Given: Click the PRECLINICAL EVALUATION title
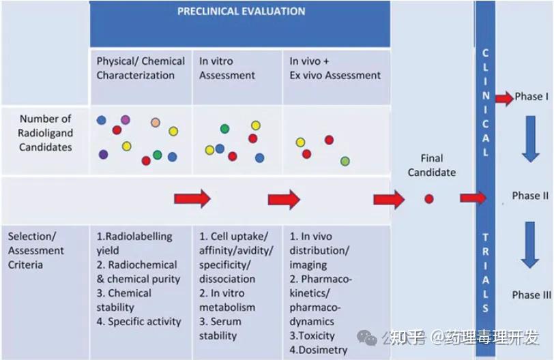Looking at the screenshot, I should coord(241,12).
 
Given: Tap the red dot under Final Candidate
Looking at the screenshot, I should coord(429,199).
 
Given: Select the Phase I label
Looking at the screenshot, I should coord(531,97).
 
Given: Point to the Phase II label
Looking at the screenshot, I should coord(531,196).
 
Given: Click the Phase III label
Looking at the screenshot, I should coord(531,295).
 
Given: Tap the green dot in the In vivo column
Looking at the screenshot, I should coord(345,162).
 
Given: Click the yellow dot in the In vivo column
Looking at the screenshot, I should coord(300,142).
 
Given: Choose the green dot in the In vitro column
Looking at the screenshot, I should coord(224,129).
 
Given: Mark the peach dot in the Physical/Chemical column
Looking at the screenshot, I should coord(156,123).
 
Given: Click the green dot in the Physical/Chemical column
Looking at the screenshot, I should coord(158,155).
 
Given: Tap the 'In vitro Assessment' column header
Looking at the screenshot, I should coord(227,68).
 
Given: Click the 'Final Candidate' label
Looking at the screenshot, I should coord(431,165).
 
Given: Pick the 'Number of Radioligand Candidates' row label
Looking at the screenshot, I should coord(45,133).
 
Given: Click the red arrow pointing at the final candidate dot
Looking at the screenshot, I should coord(388,199).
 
